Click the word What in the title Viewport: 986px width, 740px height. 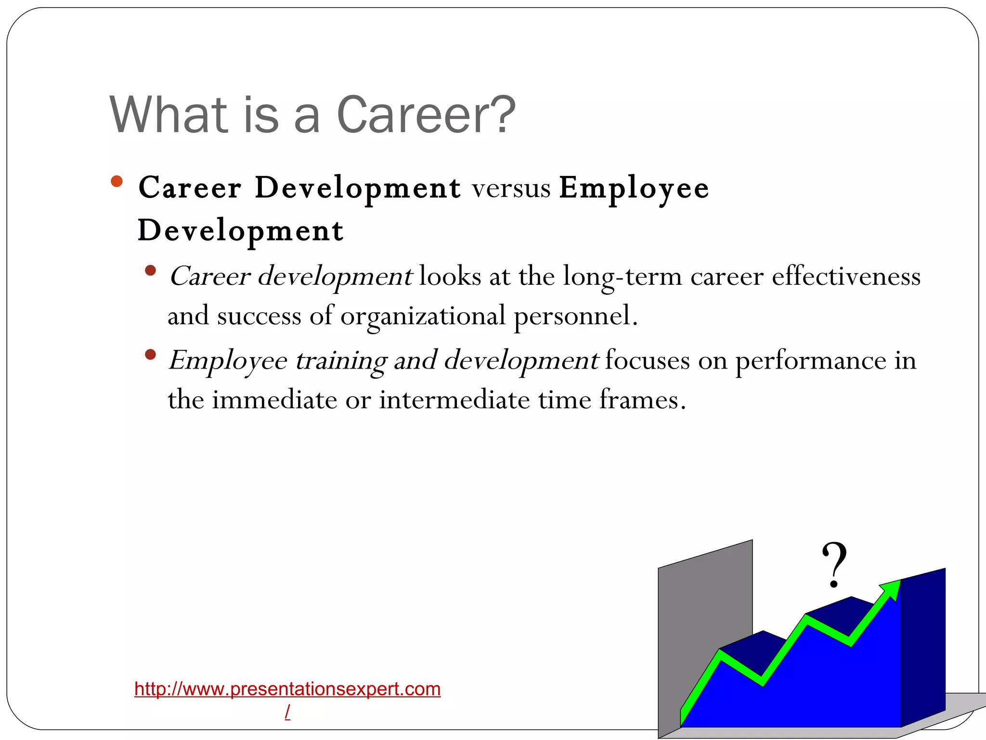point(169,116)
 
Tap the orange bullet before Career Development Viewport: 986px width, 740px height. point(117,182)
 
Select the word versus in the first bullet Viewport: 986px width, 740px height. point(511,188)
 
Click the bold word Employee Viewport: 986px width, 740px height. point(634,188)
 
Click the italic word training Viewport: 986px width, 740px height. point(341,361)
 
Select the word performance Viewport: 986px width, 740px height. point(811,361)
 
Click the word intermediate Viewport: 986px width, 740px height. point(454,400)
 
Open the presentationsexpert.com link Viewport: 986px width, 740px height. point(287,689)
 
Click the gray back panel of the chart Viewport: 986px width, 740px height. point(704,602)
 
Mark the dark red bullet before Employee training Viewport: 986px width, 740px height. point(150,355)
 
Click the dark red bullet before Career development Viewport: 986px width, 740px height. point(150,270)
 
